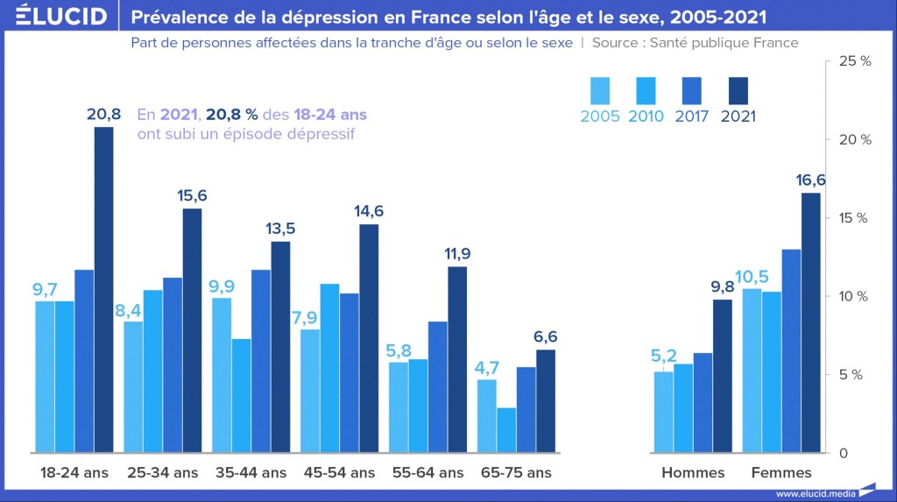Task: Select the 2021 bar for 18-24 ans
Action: pos(103,289)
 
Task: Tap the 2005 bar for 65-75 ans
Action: pos(486,415)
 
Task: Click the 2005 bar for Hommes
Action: pos(663,412)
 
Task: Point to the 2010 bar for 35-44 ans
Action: pos(241,395)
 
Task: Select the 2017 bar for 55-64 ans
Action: pos(437,386)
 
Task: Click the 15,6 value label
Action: pos(191,195)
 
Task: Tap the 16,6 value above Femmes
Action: pos(810,180)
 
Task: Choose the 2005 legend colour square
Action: pos(600,90)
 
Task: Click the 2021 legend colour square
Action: pos(738,90)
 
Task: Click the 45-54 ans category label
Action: pos(339,472)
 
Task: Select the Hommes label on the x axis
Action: pos(693,472)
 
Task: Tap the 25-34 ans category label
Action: pos(162,472)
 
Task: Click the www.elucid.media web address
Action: pos(816,493)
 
